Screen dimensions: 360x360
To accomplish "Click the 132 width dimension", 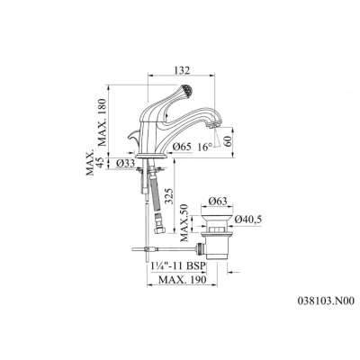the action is tap(182, 70).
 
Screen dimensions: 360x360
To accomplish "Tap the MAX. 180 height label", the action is tap(103, 122).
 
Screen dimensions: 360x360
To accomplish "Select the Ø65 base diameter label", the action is tap(183, 147).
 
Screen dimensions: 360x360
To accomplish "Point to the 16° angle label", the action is tap(205, 147).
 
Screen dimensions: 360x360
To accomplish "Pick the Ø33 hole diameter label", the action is tap(126, 163).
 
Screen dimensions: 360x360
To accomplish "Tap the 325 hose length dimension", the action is tap(170, 196).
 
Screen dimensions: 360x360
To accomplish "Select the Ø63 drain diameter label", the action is tap(218, 201).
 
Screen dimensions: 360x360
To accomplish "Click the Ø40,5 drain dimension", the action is tap(248, 220).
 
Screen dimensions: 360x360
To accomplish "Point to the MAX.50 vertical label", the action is tap(184, 222).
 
